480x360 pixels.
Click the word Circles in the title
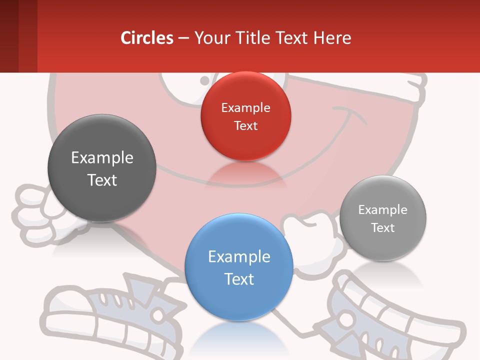[147, 38]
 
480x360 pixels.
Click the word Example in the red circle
[245, 108]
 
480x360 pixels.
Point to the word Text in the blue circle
[239, 279]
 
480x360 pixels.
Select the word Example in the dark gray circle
[102, 158]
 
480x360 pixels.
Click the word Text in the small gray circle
[383, 228]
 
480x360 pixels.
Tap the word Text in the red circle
[245, 126]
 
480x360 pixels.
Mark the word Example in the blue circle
[239, 257]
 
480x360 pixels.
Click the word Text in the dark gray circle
[102, 180]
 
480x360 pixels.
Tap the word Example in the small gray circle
[383, 210]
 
